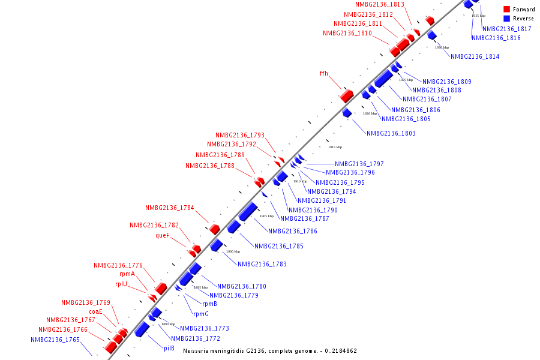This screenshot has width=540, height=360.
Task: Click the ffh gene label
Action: point(323,74)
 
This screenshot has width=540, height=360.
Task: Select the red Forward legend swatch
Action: point(506,10)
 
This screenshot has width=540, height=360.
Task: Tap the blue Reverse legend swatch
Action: point(506,19)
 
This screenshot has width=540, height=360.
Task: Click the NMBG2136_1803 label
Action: point(391,133)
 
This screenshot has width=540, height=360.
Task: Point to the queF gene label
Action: point(162,236)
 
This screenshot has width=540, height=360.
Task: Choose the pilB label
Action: point(169,348)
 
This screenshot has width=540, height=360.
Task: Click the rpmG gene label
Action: point(200,314)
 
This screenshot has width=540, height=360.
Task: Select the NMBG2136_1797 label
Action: point(359,164)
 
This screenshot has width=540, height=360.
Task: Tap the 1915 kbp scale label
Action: point(335,147)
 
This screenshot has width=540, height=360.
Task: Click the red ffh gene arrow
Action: point(346,95)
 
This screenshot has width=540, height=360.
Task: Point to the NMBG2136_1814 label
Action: point(475,57)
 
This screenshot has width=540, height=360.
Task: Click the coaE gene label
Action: point(95,311)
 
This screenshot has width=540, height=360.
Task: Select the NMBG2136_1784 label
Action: point(169,208)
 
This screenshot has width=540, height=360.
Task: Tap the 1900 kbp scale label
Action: point(233,251)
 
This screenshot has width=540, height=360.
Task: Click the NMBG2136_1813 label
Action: point(380,5)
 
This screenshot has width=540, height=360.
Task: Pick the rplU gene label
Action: point(121,284)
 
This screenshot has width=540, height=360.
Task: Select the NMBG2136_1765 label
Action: point(55,340)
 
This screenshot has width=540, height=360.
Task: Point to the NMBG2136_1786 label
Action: point(292,231)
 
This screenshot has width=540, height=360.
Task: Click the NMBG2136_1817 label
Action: point(506,29)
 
